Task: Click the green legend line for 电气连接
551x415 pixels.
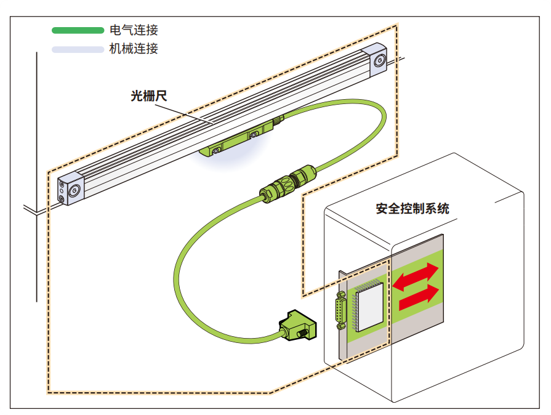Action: pos(78,30)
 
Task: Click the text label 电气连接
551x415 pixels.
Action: pos(134,30)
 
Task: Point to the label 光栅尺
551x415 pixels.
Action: pos(149,96)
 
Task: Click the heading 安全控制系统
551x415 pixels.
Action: pos(412,208)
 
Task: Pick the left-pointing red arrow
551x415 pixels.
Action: pos(415,276)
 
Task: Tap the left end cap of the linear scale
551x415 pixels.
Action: pos(70,190)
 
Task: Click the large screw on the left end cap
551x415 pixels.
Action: pos(74,191)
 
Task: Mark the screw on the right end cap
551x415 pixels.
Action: pos(380,60)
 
